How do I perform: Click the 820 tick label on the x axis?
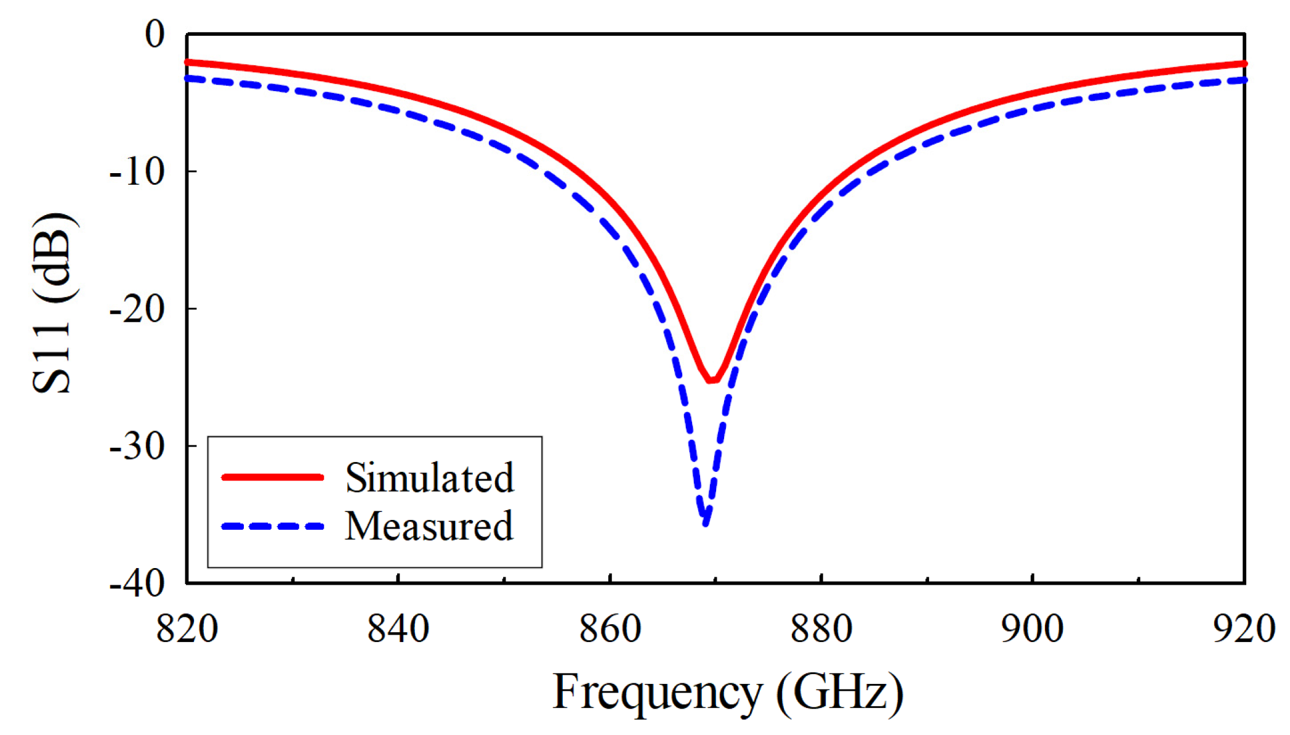pos(187,629)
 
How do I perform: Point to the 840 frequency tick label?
pos(398,629)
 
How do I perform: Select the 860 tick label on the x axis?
pos(610,629)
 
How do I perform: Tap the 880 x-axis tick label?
pos(821,629)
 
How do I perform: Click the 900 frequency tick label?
pos(1032,629)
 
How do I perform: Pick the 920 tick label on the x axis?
pos(1243,629)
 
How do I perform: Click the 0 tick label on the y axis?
pos(155,34)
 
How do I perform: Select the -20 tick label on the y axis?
pos(138,309)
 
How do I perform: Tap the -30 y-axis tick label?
pos(138,446)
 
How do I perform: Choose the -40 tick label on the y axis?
pos(138,583)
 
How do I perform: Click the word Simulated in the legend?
pos(429,477)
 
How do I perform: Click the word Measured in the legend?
pos(429,526)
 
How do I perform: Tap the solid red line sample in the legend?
pos(273,477)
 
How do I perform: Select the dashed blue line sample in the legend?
pos(273,526)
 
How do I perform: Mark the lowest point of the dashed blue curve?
pos(706,524)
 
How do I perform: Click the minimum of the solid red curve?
pos(711,381)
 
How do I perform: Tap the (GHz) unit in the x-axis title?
pos(840,692)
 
